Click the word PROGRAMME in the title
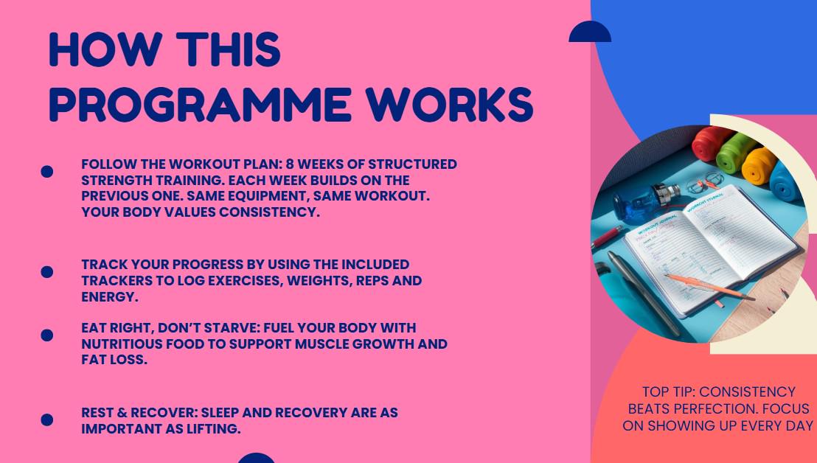pos(199,105)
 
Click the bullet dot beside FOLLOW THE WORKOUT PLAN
pos(47,171)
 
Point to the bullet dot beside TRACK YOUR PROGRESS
pos(47,272)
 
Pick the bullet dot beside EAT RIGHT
pos(47,335)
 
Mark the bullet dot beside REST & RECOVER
pos(47,420)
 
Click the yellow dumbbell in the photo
pos(757,164)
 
